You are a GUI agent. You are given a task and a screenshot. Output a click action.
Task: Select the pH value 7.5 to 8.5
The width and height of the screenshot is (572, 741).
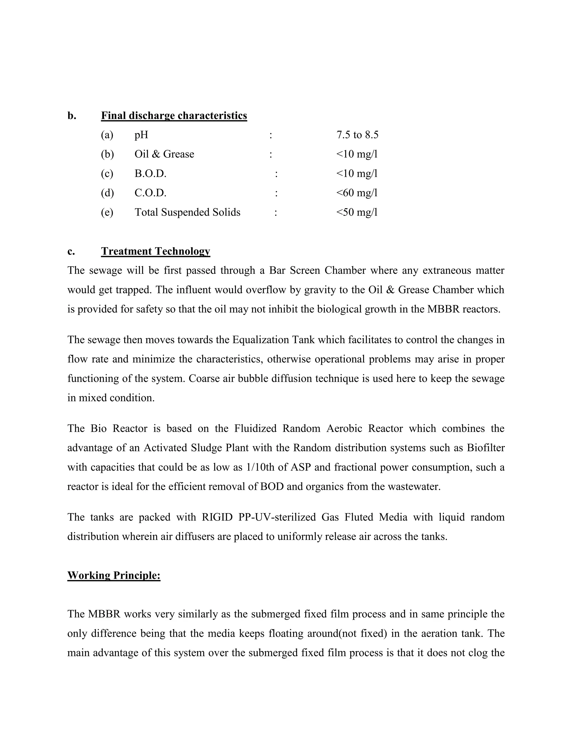(x=357, y=135)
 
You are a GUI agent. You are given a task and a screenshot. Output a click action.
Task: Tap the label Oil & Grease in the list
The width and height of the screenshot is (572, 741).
(x=164, y=154)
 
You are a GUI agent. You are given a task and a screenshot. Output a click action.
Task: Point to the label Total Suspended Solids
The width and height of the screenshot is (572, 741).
(x=187, y=213)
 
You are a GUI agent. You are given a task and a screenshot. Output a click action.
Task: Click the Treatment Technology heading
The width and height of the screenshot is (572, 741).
(x=156, y=251)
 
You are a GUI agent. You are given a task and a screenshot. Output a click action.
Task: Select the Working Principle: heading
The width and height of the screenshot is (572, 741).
(x=114, y=575)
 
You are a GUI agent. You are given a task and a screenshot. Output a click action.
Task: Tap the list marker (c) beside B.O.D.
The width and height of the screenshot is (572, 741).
(x=107, y=174)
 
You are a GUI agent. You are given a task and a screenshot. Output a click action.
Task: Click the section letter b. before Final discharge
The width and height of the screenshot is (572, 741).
(x=71, y=116)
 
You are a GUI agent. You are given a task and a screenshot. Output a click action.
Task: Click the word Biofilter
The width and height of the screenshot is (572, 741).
(x=485, y=448)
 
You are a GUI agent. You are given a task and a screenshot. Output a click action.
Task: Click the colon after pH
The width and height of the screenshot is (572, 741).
(x=271, y=135)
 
